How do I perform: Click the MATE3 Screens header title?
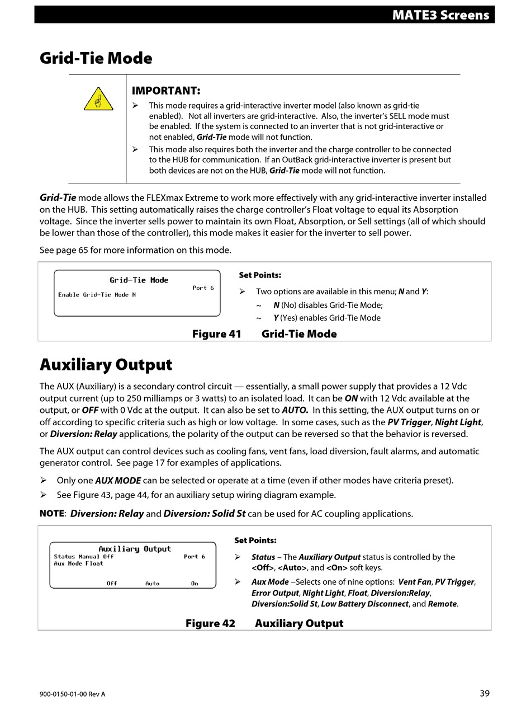440,15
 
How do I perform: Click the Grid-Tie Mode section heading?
96,58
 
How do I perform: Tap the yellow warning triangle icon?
98,99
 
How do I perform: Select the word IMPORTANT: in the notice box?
165,91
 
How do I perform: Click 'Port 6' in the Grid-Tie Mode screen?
203,288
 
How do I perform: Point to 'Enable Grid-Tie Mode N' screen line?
97,295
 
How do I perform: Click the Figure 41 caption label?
216,334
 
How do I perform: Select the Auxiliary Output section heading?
106,365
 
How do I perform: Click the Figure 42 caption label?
210,623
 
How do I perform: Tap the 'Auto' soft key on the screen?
152,584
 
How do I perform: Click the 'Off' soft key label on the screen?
112,584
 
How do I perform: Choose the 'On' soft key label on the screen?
194,584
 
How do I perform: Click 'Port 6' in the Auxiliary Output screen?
194,557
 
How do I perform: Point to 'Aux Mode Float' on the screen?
78,563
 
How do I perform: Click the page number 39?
485,693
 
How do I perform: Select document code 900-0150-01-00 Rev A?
72,694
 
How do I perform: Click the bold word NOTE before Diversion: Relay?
52,514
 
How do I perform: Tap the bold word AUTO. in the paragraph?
295,410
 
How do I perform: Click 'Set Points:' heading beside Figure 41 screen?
260,275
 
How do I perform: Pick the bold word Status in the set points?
263,557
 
